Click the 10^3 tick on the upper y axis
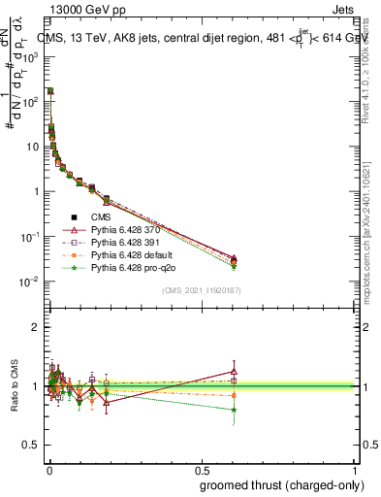tap(31, 56)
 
